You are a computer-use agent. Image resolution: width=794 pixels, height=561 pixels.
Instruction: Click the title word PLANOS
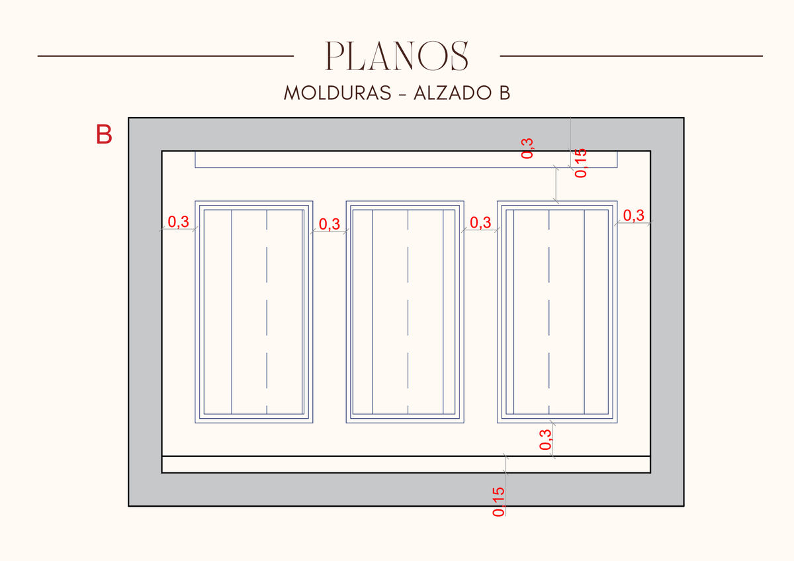[x=397, y=56]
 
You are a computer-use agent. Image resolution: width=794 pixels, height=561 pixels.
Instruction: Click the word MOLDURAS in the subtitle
[x=337, y=93]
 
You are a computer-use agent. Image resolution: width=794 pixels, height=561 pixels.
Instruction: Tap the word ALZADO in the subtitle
[x=453, y=93]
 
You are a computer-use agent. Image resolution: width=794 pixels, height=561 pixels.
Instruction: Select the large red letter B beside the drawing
[x=104, y=134]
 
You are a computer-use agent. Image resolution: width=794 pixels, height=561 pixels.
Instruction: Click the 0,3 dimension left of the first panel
[x=178, y=222]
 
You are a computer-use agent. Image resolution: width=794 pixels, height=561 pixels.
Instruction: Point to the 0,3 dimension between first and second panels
[x=330, y=224]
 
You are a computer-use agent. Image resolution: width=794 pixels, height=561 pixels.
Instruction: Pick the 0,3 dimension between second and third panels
[x=480, y=222]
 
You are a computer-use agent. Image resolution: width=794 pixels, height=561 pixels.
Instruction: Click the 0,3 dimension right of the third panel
[x=634, y=215]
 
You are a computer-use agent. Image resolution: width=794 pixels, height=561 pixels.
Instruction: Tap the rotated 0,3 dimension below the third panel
[x=545, y=439]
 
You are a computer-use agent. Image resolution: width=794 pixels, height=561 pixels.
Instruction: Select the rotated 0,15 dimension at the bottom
[x=498, y=502]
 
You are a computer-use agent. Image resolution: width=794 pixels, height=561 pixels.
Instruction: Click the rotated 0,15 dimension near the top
[x=581, y=163]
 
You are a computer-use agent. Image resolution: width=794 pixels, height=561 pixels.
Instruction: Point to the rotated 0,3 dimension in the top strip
[x=527, y=148]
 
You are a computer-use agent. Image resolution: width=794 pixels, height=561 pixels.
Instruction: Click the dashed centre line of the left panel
[x=267, y=312]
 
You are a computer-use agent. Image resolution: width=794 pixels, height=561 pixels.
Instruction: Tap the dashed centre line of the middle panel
[x=408, y=312]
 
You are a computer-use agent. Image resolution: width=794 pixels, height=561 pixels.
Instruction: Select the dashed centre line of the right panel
[x=549, y=312]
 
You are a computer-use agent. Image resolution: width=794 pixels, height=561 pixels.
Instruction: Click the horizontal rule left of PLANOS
[x=165, y=56]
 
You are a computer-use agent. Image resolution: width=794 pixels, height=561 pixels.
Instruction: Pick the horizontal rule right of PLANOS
[x=631, y=56]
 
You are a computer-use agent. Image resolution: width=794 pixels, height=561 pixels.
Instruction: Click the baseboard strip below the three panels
[x=406, y=464]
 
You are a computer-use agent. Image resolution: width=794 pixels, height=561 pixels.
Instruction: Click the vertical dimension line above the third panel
[x=556, y=185]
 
